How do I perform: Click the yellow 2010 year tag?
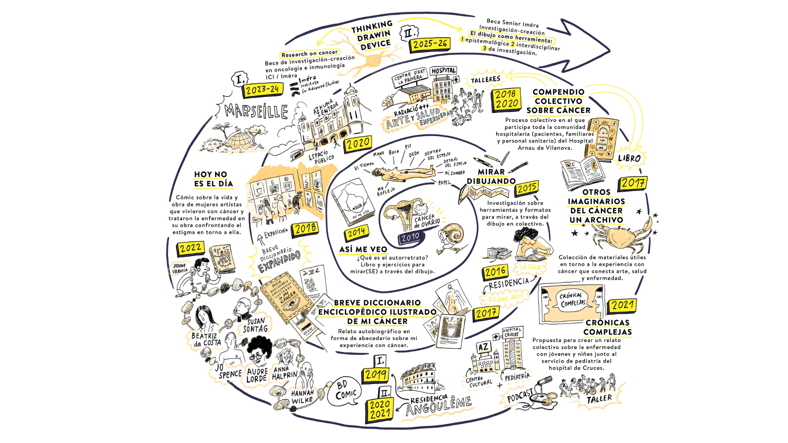click(410, 237)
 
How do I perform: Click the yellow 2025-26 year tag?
click(430, 44)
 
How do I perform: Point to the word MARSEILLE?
click(256, 111)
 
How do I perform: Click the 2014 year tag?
click(356, 233)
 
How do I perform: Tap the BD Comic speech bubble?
click(345, 391)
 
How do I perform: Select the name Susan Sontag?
click(255, 325)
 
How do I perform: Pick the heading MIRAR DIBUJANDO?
click(491, 176)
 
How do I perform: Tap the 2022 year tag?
click(190, 248)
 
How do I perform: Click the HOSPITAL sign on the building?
click(444, 71)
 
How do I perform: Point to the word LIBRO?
click(630, 158)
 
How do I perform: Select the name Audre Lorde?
click(257, 375)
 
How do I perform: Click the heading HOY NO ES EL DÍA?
click(213, 179)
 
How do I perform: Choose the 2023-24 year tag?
click(262, 89)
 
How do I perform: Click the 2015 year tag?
click(527, 188)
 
